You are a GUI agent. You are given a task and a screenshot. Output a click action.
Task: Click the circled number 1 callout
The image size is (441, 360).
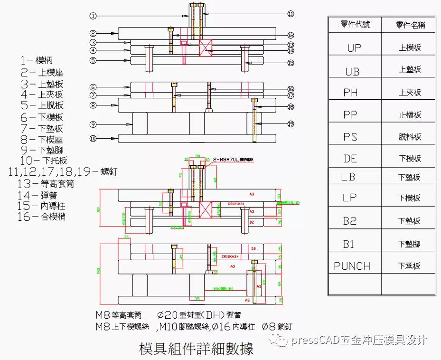[x=93, y=16]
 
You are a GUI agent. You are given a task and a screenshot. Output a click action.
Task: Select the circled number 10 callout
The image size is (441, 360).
[x=93, y=139]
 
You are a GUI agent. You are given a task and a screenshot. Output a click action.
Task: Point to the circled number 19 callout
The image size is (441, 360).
[x=291, y=124]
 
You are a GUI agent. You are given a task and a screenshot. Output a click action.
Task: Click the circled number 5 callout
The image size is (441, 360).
[x=93, y=60]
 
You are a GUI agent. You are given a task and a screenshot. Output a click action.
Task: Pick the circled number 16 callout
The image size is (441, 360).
[x=291, y=89]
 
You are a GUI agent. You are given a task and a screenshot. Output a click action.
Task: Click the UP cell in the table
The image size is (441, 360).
[x=354, y=48]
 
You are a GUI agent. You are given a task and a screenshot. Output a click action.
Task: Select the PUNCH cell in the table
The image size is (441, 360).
[x=352, y=266]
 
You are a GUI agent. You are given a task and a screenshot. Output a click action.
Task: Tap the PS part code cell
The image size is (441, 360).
[x=350, y=137]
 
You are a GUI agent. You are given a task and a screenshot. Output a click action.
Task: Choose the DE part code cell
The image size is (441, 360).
[x=350, y=159]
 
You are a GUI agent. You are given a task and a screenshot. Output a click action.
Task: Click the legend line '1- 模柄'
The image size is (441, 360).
[x=37, y=60]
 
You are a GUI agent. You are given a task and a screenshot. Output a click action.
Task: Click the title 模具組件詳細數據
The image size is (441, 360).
[x=196, y=349]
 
